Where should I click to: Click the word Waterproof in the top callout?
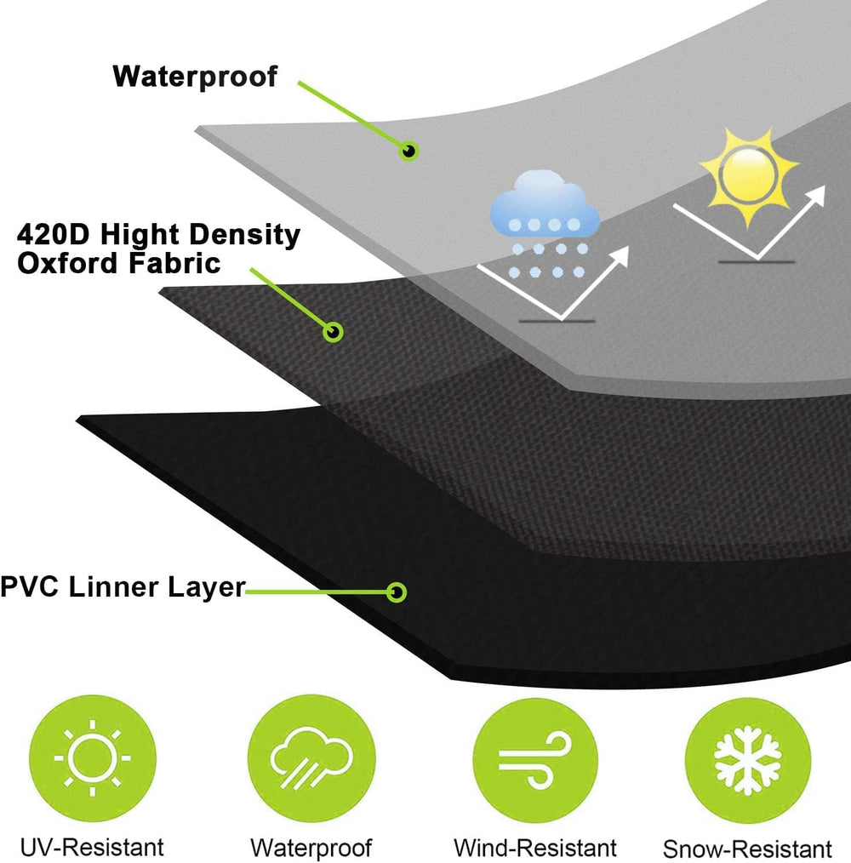(x=195, y=77)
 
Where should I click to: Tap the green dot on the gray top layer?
(x=409, y=151)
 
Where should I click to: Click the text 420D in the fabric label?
(x=53, y=234)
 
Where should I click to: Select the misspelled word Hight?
(x=144, y=236)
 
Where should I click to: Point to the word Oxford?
(x=68, y=263)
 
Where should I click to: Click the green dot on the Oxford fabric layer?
(x=333, y=332)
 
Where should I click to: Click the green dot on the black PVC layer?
(x=397, y=592)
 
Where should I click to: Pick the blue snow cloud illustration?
(x=545, y=225)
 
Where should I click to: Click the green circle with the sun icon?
(x=93, y=757)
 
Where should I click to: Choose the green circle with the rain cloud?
(x=311, y=757)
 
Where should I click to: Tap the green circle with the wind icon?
(x=535, y=761)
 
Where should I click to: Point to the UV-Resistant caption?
(x=92, y=847)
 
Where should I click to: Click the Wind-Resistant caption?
(x=535, y=848)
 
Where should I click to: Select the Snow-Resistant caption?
(x=747, y=849)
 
